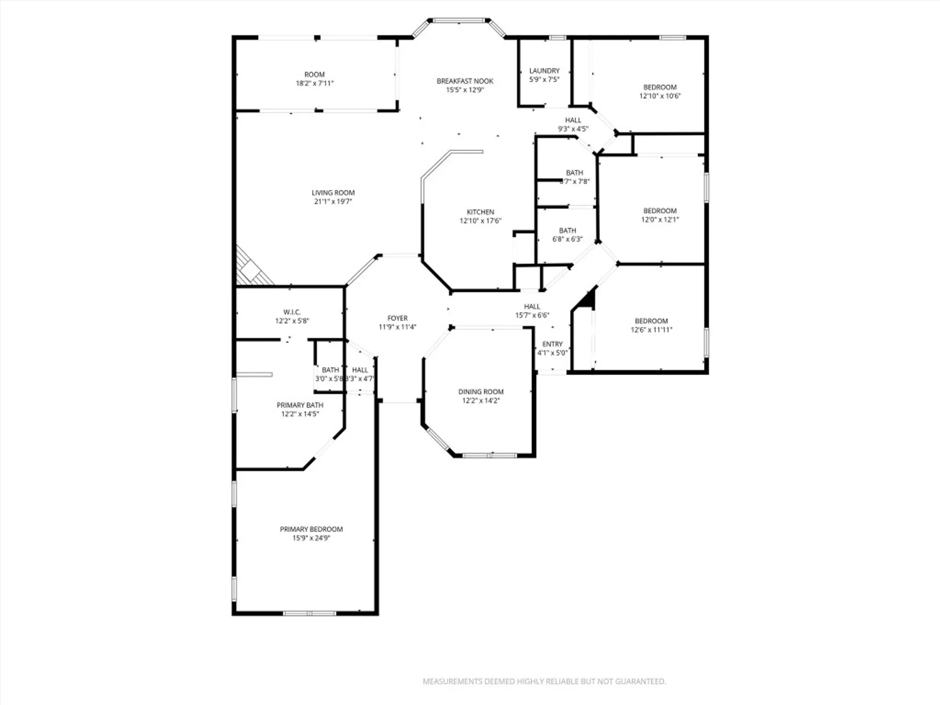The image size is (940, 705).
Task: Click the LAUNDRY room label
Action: [x=544, y=70]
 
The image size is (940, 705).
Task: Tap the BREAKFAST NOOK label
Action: [x=465, y=81]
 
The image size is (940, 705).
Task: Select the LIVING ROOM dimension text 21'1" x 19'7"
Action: [x=333, y=202]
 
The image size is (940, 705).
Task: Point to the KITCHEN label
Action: [x=480, y=212]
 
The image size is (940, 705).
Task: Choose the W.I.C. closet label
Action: [x=292, y=312]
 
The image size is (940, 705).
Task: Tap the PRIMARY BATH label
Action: [x=300, y=405]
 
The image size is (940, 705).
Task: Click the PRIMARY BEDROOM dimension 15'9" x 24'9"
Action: [x=311, y=538]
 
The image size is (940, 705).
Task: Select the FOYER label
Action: [x=397, y=318]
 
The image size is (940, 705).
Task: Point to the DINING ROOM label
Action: [x=481, y=392]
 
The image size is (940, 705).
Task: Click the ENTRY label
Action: [x=552, y=344]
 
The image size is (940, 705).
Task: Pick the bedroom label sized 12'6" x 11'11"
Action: [x=651, y=321]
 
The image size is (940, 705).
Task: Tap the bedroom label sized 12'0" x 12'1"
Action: [x=660, y=211]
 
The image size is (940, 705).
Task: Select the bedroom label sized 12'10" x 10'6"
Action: [x=660, y=87]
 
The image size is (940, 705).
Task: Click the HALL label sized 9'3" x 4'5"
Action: [x=573, y=120]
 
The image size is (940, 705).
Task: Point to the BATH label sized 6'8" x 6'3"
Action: [x=567, y=231]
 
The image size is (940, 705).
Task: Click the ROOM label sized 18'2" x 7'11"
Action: [x=314, y=75]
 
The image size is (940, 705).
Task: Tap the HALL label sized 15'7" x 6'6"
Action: [x=532, y=306]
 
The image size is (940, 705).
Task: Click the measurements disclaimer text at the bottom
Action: [x=544, y=681]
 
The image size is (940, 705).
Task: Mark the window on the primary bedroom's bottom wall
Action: [x=309, y=613]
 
